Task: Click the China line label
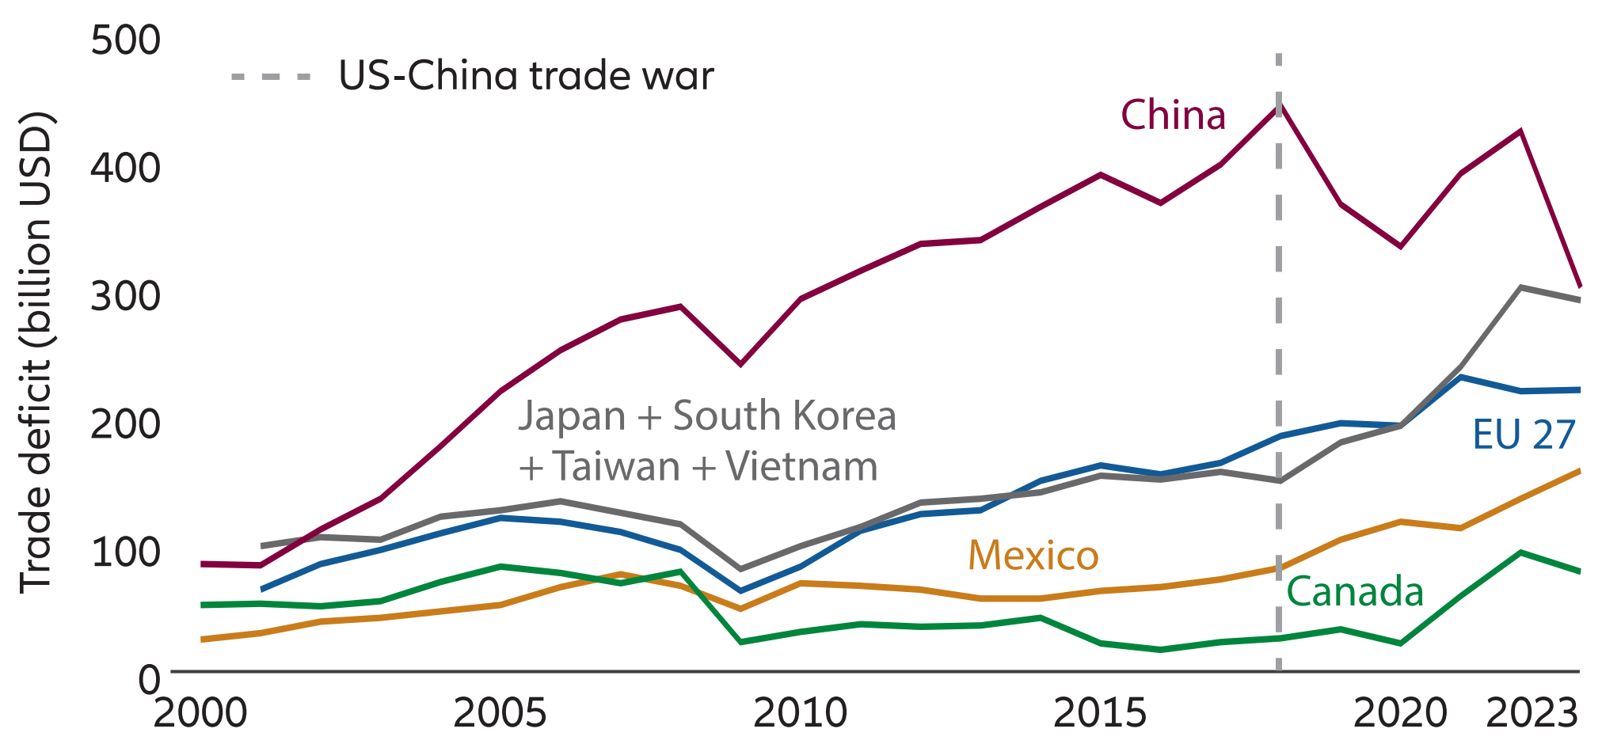coord(1173,116)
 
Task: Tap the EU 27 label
coord(1523,435)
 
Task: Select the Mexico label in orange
coord(1033,555)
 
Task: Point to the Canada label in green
coord(1355,592)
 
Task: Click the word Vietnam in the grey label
coord(801,466)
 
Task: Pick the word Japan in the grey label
coord(572,416)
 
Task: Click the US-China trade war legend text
coord(526,76)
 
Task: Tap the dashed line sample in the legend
coord(270,77)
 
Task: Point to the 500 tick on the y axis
coord(125,40)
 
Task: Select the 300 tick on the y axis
coord(125,296)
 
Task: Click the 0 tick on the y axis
coord(149,679)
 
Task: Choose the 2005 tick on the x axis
coord(500,713)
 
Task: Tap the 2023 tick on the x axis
coord(1532,713)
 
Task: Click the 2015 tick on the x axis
coord(1099,713)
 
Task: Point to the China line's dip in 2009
coord(740,364)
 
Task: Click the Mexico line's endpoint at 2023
coord(1579,472)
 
